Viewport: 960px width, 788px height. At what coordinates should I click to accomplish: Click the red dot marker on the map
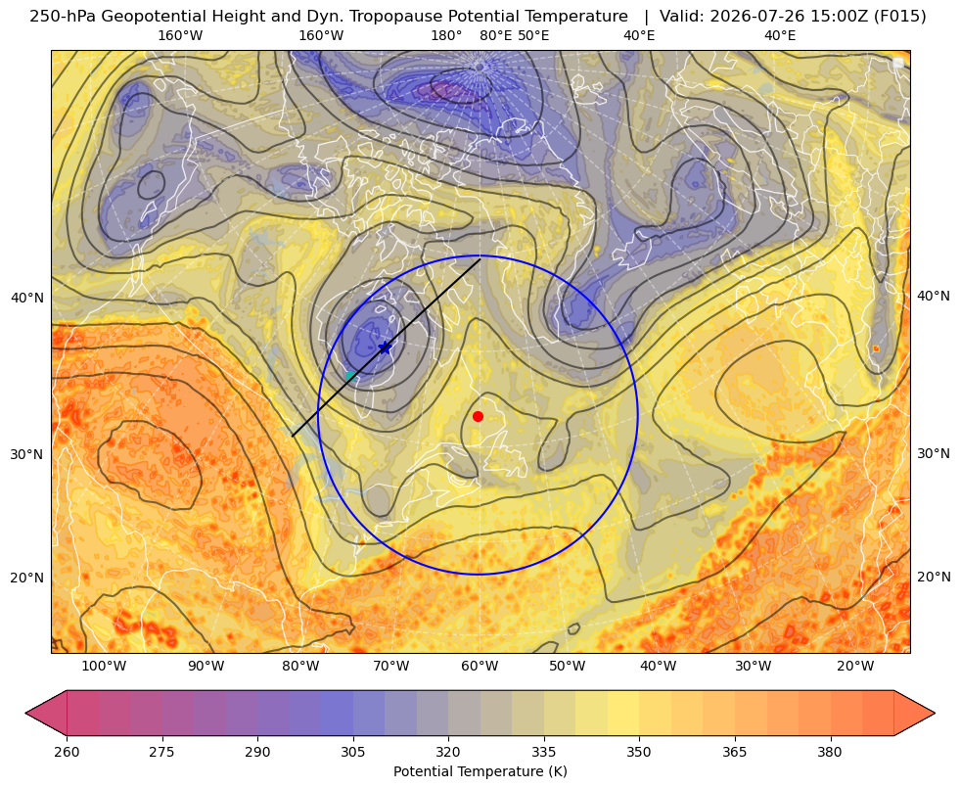(x=479, y=416)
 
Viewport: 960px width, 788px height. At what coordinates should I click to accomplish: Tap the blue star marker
(x=385, y=348)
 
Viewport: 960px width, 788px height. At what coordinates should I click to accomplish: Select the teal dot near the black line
(x=350, y=376)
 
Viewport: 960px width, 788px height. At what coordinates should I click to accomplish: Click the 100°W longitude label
(x=104, y=667)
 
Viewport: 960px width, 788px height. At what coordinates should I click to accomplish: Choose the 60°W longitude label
(x=480, y=667)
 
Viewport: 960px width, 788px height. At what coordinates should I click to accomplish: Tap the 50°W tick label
(x=567, y=667)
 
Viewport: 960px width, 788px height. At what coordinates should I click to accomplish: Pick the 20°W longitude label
(x=855, y=667)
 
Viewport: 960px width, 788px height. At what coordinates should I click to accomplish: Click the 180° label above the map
(x=446, y=35)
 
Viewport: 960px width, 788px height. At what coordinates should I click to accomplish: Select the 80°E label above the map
(x=496, y=35)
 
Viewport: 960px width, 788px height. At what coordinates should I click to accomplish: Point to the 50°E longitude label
(x=533, y=35)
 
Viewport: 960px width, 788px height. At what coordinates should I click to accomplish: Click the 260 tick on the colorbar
(x=67, y=752)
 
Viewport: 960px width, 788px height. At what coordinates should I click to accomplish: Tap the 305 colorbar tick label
(x=353, y=752)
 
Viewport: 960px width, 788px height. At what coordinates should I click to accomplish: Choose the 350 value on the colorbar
(x=639, y=752)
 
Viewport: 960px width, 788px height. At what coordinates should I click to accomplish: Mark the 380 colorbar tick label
(x=830, y=752)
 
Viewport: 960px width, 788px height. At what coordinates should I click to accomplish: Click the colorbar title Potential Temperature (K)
(x=480, y=771)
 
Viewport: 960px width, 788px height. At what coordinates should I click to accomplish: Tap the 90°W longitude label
(x=206, y=667)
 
